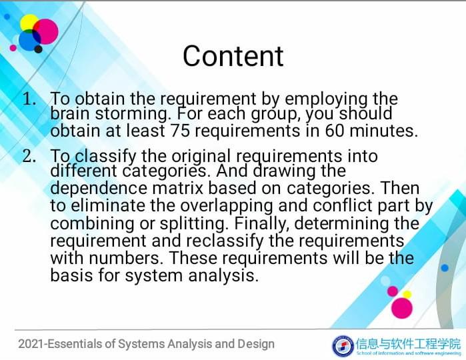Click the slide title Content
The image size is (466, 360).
233,56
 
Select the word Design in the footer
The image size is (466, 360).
255,344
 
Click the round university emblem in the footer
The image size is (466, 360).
343,345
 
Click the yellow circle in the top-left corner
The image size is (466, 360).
29,23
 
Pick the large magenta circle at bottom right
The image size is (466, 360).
402,307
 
